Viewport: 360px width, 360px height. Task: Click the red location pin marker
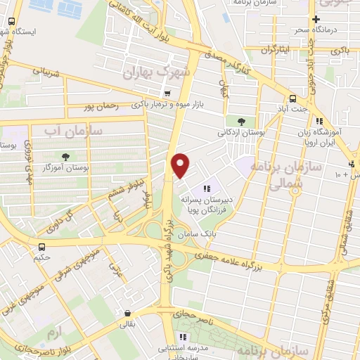coord(181,165)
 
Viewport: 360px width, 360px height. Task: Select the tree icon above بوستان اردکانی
coord(241,121)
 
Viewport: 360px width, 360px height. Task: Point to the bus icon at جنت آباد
coord(292,98)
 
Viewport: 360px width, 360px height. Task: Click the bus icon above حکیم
coord(43,247)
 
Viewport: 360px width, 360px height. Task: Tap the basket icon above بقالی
coord(127,314)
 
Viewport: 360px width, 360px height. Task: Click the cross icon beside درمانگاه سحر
coord(316,20)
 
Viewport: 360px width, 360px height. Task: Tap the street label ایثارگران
coord(275,50)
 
